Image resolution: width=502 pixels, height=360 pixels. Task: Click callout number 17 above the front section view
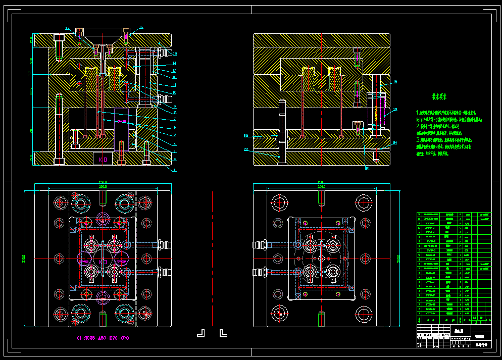67,28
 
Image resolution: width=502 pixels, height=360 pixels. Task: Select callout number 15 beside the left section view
175,54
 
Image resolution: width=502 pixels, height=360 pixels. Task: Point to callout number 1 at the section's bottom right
175,171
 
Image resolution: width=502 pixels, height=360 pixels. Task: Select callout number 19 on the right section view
395,110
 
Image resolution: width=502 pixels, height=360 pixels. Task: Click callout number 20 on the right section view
395,143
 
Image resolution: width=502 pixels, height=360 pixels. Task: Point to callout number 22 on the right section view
246,136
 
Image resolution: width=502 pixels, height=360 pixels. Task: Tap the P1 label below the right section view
368,169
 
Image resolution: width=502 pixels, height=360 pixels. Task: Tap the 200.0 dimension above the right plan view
321,187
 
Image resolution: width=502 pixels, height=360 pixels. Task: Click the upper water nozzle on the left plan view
164,245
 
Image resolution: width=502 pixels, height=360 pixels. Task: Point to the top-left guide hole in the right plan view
279,203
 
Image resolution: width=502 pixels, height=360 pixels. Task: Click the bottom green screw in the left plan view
103,319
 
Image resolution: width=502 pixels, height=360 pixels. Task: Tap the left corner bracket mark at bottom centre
201,333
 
